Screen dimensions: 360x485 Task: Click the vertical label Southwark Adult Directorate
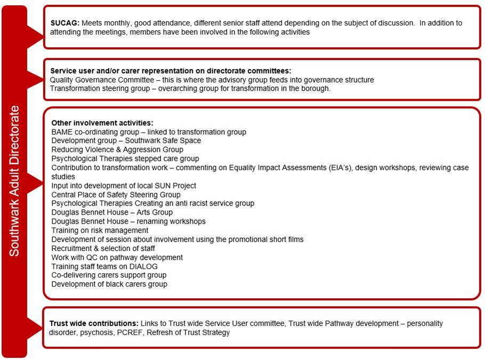point(14,181)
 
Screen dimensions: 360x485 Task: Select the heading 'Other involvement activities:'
point(102,122)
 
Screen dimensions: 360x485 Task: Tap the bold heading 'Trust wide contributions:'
point(93,323)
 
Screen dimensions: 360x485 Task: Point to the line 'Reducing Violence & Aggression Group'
point(117,150)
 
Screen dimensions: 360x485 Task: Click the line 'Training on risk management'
point(100,230)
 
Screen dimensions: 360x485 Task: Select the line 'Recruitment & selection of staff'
point(103,248)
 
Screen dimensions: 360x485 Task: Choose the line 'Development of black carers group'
point(109,284)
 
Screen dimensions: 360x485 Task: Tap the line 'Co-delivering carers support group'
point(109,275)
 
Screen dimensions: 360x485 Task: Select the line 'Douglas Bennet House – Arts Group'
point(112,212)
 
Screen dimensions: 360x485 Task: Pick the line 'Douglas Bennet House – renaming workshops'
point(128,221)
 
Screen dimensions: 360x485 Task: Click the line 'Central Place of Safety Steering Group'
point(116,194)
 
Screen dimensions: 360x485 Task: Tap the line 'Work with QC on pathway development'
point(117,257)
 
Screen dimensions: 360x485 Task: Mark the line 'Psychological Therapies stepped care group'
point(125,158)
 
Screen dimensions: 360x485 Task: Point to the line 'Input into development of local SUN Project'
point(124,185)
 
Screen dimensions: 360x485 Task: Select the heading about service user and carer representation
point(171,71)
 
